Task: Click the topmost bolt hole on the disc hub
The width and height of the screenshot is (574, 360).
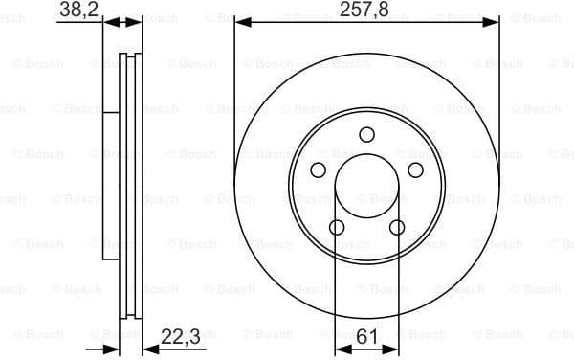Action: point(366,134)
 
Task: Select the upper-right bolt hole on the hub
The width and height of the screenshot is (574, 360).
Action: point(415,169)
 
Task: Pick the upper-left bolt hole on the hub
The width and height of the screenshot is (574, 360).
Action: point(318,169)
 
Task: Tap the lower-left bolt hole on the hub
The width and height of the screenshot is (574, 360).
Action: point(337,227)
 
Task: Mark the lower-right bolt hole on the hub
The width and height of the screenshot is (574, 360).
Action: point(397,227)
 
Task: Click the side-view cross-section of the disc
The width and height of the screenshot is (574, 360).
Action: point(123,182)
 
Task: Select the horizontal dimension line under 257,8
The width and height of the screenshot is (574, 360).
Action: point(306,21)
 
